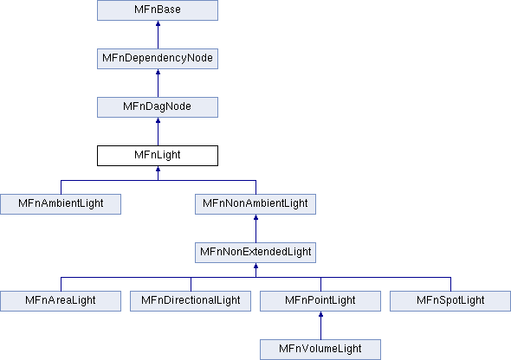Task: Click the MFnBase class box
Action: tap(158, 10)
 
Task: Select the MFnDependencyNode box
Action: tap(158, 59)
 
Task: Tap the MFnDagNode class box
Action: tap(158, 107)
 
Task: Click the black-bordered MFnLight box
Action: tap(158, 156)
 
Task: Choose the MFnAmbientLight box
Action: tap(61, 204)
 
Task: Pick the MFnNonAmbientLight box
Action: tap(255, 204)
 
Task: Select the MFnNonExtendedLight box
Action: tap(255, 253)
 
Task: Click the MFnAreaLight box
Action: tap(61, 301)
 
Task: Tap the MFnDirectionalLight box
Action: tap(191, 301)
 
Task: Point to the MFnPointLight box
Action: tap(320, 301)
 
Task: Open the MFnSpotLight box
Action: tap(450, 301)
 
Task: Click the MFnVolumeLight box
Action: tap(320, 350)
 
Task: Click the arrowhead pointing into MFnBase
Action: tap(158, 23)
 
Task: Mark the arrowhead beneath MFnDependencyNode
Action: tap(158, 73)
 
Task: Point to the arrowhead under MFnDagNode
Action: tap(158, 121)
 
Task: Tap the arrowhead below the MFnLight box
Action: tap(158, 170)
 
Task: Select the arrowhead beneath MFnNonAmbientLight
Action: tap(255, 218)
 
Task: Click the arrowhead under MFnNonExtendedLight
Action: tap(255, 267)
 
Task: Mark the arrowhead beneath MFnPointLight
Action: tap(320, 315)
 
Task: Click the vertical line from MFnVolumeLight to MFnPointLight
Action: tap(320, 326)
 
